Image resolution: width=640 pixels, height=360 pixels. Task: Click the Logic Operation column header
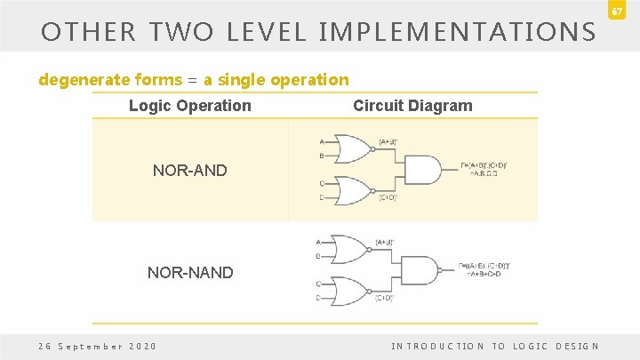[190, 106]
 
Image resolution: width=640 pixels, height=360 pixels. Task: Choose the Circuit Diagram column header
[412, 106]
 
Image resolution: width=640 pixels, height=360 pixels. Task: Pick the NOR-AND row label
[190, 169]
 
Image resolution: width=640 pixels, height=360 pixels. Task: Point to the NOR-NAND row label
[190, 272]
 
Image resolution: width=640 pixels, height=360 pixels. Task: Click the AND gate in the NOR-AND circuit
[422, 169]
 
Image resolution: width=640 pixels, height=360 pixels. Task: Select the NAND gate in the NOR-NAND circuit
[420, 270]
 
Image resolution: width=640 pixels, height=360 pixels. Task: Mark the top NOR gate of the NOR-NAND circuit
[348, 250]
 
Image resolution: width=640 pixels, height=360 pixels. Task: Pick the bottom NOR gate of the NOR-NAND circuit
[348, 291]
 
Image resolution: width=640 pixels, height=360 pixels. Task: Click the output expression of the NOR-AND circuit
[484, 169]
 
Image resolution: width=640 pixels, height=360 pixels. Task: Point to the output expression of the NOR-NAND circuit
[484, 270]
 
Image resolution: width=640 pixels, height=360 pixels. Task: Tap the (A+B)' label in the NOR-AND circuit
[388, 141]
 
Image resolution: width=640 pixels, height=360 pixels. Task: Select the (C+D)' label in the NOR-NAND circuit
[384, 298]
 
